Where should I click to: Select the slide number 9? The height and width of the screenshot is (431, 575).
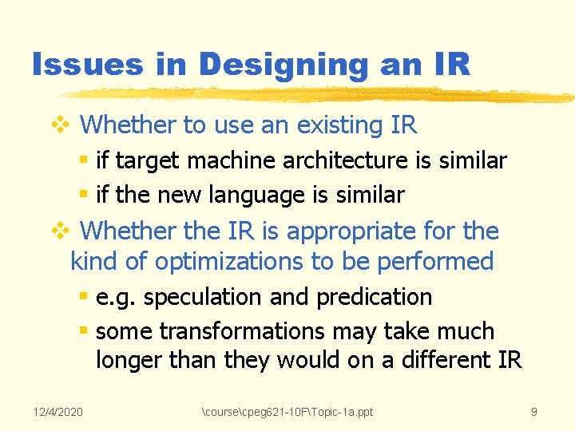click(534, 411)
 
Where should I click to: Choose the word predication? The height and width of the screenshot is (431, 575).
click(374, 297)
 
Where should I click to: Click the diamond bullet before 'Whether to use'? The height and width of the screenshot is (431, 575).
click(61, 125)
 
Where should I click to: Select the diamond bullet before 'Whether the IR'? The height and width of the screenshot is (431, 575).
click(61, 231)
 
